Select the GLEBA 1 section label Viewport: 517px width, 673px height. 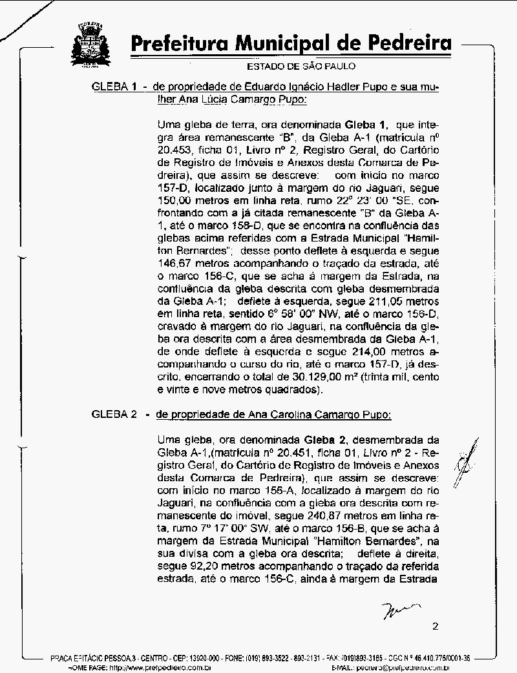[x=114, y=87]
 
